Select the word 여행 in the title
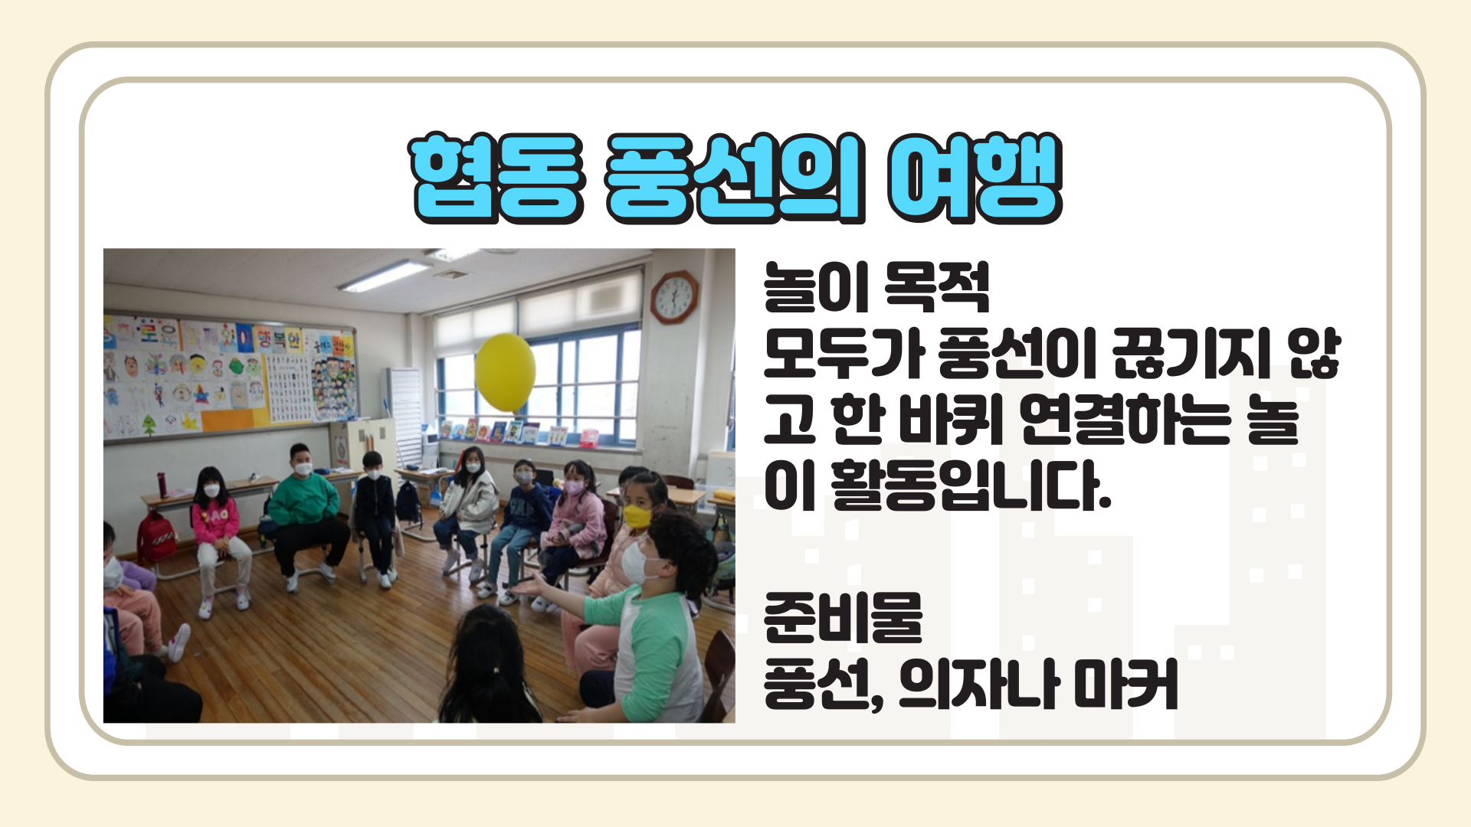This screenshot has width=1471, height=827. [x=975, y=178]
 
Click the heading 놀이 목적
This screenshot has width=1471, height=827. [x=876, y=287]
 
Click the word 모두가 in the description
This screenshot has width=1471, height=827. [x=842, y=353]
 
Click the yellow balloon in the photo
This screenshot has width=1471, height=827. [x=505, y=373]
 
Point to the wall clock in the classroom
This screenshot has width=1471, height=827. [x=674, y=297]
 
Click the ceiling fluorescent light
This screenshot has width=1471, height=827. [x=386, y=276]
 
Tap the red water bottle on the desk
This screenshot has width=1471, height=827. [x=162, y=484]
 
